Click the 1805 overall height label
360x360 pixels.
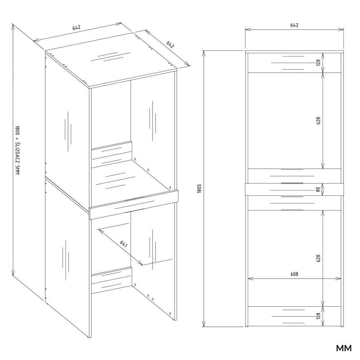click(199, 188)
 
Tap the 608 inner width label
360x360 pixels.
click(294, 274)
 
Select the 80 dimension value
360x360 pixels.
click(318, 189)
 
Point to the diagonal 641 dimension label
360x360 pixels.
click(123, 244)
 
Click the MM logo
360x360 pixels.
click(344, 348)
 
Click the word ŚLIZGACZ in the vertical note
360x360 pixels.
click(17, 153)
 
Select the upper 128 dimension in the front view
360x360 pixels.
click(318, 62)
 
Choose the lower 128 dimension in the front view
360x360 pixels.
click(318, 316)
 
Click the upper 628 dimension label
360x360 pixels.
click(318, 121)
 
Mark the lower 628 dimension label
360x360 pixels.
click(318, 258)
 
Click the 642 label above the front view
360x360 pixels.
click(294, 25)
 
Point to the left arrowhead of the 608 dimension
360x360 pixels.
click(251, 279)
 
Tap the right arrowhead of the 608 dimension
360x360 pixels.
click(338, 279)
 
